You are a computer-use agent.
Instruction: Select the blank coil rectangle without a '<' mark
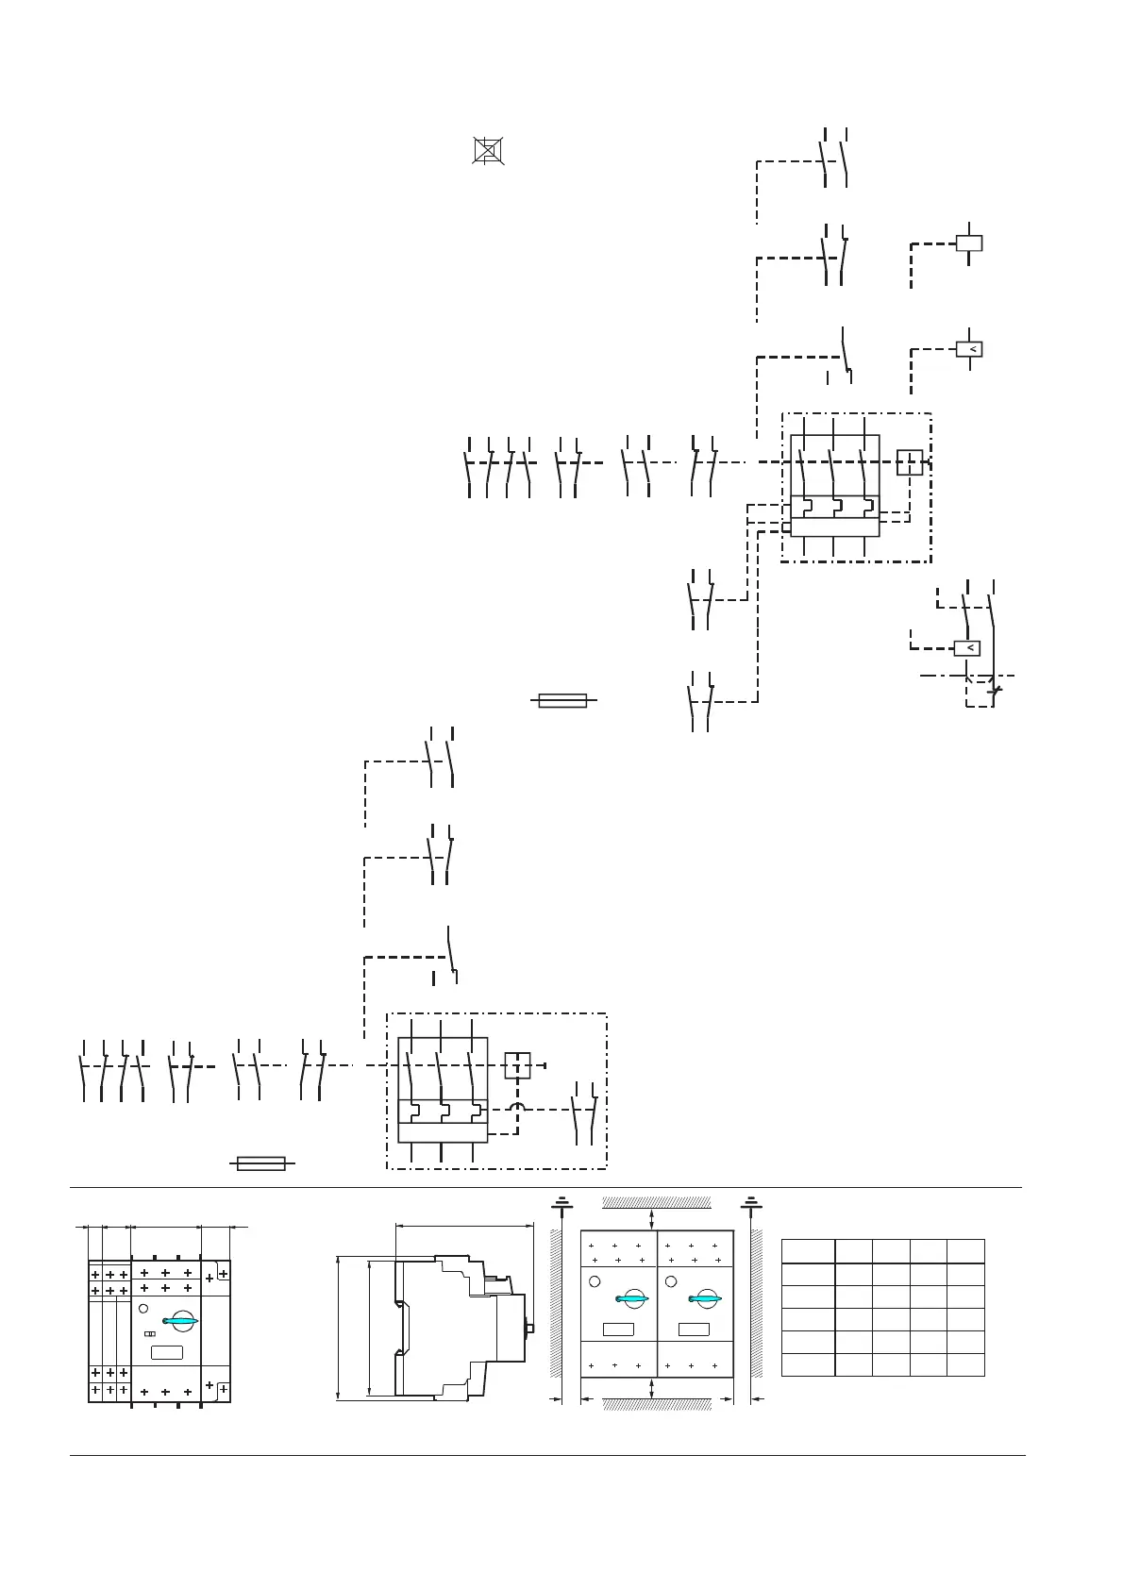(969, 243)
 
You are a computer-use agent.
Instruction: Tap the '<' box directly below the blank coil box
(969, 350)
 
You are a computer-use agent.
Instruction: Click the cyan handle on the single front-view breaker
(179, 1321)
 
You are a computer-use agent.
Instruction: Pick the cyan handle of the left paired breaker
(629, 1299)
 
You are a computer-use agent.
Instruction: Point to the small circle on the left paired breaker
(595, 1281)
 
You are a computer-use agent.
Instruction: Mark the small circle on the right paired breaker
(671, 1281)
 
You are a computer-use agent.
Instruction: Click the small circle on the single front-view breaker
(143, 1308)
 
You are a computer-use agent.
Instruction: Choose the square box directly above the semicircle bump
(517, 1065)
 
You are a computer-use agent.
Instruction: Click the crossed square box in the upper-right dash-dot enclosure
(909, 462)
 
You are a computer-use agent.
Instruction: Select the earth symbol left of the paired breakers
(561, 1203)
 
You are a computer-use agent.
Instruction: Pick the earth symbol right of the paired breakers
(750, 1203)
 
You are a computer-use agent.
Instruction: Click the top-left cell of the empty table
(808, 1251)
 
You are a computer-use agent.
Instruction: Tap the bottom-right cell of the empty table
(966, 1364)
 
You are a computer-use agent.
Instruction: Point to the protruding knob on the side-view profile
(530, 1329)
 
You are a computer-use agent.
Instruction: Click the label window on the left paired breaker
(618, 1330)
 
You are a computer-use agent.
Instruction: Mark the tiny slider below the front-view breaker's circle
(149, 1334)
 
